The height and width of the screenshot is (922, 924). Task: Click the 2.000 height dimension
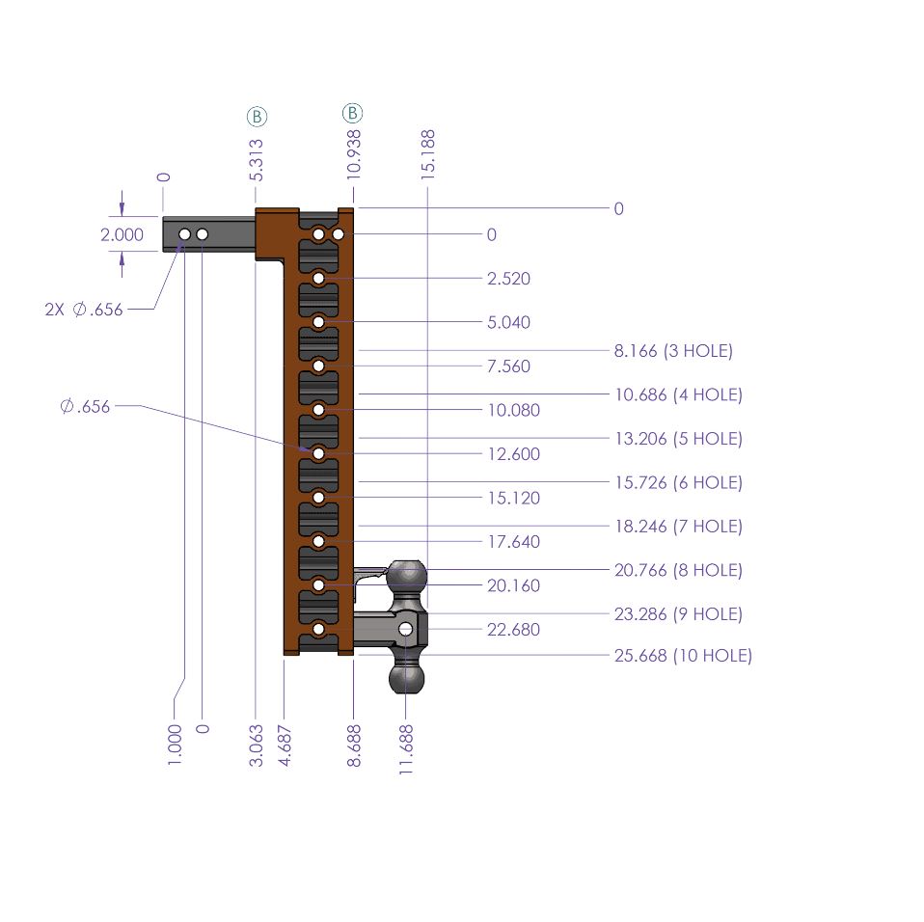click(x=122, y=234)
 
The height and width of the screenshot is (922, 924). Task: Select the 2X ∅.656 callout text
click(x=84, y=310)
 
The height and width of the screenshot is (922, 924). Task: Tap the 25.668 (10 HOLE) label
click(x=683, y=656)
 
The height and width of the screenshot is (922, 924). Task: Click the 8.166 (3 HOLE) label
click(x=673, y=351)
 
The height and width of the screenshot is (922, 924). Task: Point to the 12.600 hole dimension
click(x=514, y=454)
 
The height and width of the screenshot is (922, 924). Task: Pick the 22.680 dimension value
click(x=514, y=630)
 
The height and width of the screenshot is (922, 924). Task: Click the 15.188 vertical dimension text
click(x=428, y=152)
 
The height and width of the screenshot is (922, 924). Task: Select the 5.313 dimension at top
click(x=257, y=160)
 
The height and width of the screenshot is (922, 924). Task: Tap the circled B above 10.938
click(x=353, y=114)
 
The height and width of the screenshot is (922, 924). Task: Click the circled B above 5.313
click(x=257, y=117)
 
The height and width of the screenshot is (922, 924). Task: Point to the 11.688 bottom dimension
click(x=406, y=746)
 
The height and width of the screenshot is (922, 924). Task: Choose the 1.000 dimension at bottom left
click(x=175, y=746)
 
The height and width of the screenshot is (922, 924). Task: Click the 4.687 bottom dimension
click(x=286, y=746)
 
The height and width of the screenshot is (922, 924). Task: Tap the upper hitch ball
click(x=407, y=576)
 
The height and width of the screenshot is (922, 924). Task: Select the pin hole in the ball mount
click(x=406, y=629)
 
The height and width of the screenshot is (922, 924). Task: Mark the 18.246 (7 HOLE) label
click(x=678, y=527)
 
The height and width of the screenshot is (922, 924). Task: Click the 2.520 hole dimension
click(x=509, y=279)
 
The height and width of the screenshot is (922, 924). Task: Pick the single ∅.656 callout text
click(x=85, y=407)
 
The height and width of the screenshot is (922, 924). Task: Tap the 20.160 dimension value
click(x=514, y=585)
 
